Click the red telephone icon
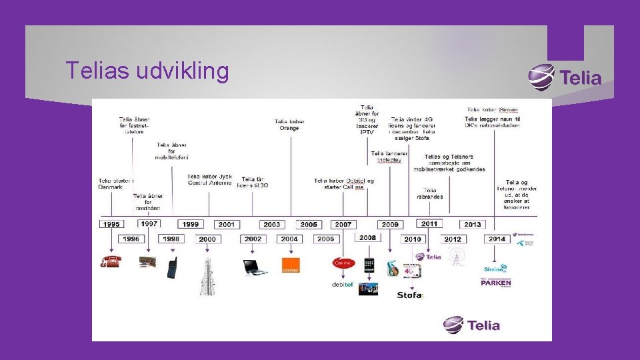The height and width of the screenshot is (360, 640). tap(110, 261)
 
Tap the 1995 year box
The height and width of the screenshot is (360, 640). tap(111, 225)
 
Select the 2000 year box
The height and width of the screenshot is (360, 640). tap(207, 239)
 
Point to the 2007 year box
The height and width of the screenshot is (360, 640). tap(343, 225)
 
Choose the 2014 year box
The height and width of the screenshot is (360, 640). tap(496, 239)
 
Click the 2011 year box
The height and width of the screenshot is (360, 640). tap(429, 224)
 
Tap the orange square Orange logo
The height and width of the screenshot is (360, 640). tap(291, 265)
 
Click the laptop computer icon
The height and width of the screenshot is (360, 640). tap(255, 267)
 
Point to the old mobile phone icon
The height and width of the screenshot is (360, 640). tap(171, 267)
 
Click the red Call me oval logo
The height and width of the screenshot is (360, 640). tap(343, 263)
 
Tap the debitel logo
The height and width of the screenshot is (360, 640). tap(342, 285)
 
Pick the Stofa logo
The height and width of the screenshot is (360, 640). tap(410, 295)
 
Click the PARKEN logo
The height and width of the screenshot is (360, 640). tap(496, 283)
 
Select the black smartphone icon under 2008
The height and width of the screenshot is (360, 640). tap(369, 265)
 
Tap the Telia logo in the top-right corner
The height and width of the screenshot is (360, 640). tap(565, 77)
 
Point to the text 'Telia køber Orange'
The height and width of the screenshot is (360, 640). tap(289, 125)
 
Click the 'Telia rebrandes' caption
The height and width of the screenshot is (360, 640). tap(430, 193)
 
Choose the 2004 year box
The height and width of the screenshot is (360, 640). tap(289, 239)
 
